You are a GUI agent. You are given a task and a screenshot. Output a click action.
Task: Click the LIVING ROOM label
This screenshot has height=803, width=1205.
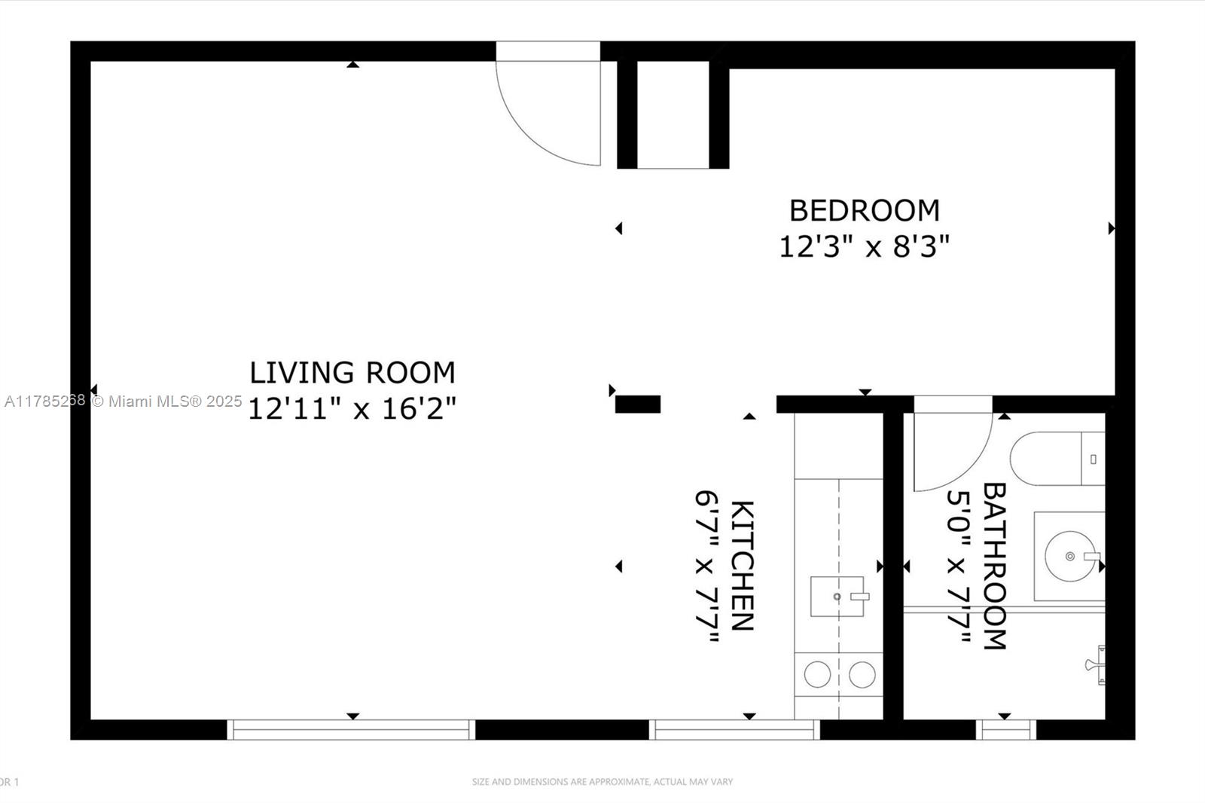click(352, 373)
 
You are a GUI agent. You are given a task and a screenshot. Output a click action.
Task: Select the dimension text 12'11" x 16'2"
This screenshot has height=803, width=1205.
click(352, 409)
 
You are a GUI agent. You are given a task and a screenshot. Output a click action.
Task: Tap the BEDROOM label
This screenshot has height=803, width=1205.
click(864, 210)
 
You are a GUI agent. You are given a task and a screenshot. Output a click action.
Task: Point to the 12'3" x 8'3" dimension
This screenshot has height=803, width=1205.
click(864, 246)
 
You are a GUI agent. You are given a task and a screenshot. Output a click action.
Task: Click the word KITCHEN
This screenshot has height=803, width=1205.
click(743, 565)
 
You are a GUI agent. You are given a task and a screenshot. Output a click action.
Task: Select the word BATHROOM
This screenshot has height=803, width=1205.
click(995, 565)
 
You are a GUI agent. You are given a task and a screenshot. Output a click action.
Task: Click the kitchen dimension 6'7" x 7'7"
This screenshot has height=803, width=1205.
click(706, 565)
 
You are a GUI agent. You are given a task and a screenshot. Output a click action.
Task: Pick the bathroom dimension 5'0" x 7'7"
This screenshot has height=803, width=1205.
click(958, 565)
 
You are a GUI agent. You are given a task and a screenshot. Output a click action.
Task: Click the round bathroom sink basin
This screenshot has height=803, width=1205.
click(1069, 557)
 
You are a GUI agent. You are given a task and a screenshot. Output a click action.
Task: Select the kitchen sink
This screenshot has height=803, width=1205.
click(837, 596)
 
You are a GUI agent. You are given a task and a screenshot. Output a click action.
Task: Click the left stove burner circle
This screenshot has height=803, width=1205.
click(817, 674)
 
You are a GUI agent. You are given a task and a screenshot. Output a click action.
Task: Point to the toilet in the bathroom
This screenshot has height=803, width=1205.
click(1054, 459)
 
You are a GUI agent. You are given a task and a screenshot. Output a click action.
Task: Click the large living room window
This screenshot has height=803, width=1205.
click(351, 729)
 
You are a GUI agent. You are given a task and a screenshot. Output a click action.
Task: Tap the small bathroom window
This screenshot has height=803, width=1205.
click(1006, 729)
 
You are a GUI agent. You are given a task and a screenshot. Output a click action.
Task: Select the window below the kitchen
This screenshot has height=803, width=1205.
click(734, 729)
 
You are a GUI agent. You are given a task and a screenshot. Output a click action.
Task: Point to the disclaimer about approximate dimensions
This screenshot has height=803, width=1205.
click(602, 782)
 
